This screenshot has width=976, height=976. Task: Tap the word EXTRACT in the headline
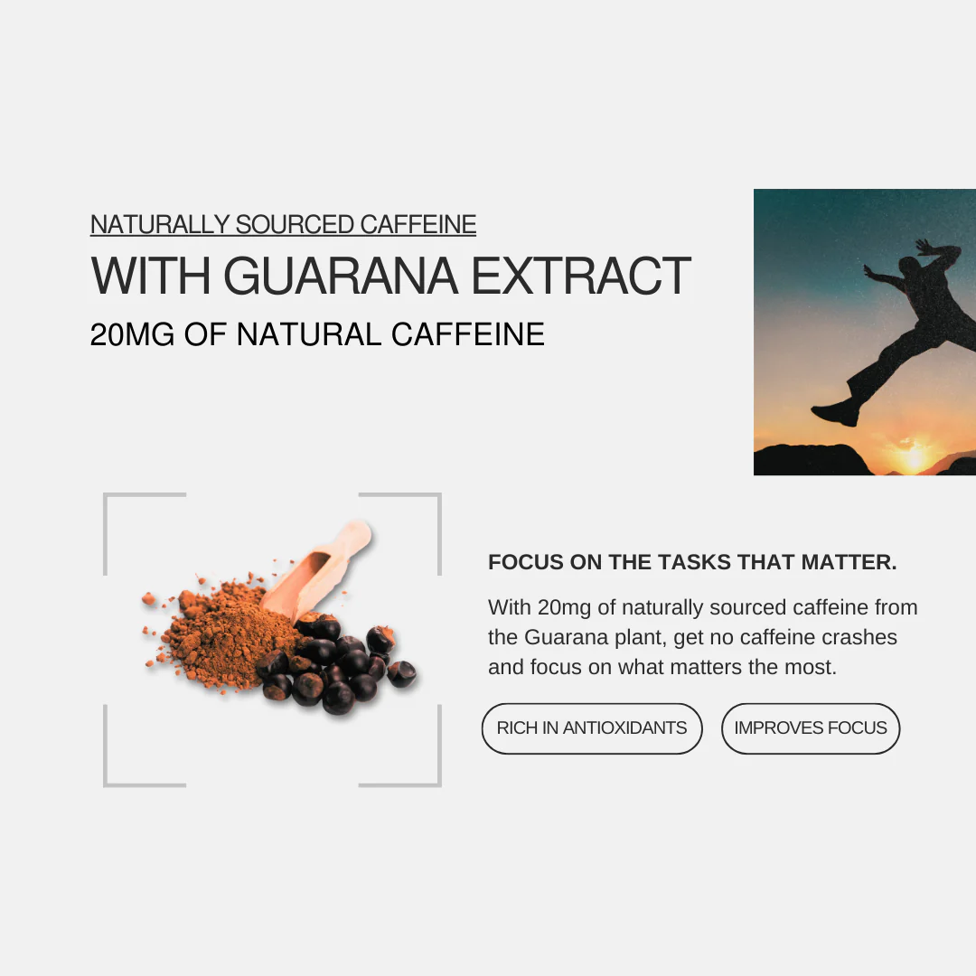[x=581, y=276]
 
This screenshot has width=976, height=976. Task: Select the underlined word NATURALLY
[x=160, y=224]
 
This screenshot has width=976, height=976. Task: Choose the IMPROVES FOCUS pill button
[x=811, y=728]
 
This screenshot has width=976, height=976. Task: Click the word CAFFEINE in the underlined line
[x=418, y=224]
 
